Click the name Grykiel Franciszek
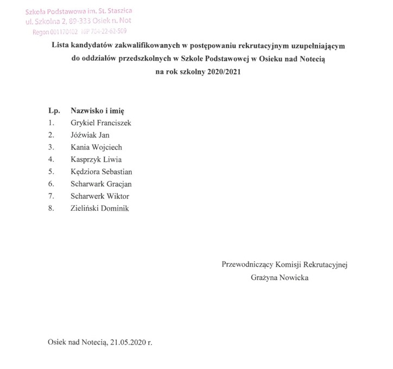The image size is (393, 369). (x=101, y=123)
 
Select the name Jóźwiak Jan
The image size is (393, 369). (x=90, y=135)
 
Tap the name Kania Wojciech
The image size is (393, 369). (x=96, y=147)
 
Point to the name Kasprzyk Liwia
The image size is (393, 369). (x=96, y=160)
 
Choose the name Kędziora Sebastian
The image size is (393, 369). (x=102, y=172)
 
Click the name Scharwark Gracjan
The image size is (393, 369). (x=101, y=184)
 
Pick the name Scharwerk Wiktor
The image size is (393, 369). (x=100, y=196)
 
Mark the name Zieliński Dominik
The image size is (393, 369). (x=100, y=208)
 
